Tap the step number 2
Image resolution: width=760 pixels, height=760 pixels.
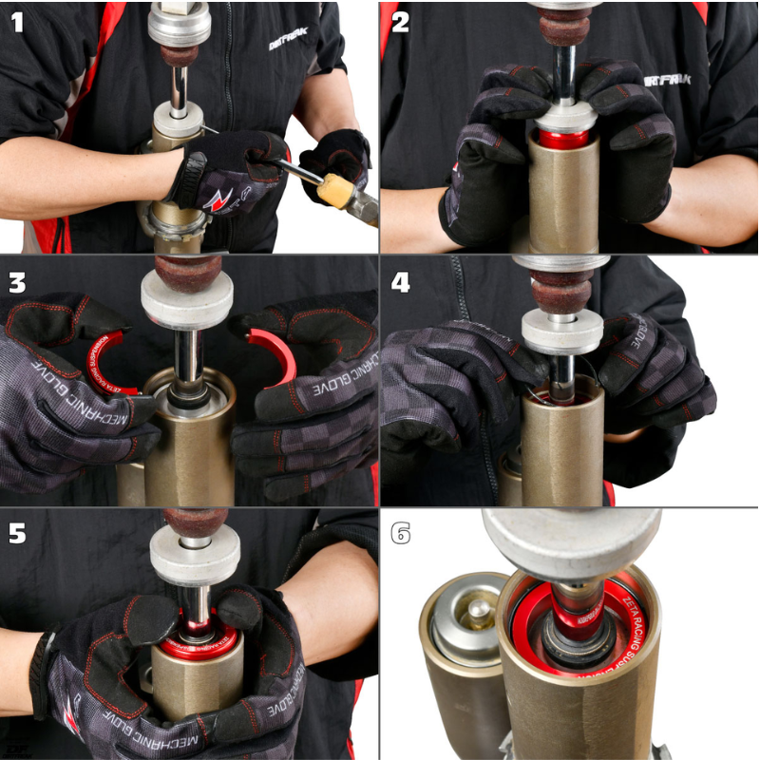[x=400, y=23]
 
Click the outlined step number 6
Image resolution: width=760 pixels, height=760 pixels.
[x=400, y=534]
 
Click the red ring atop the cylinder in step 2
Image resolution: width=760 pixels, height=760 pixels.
[x=563, y=140]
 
